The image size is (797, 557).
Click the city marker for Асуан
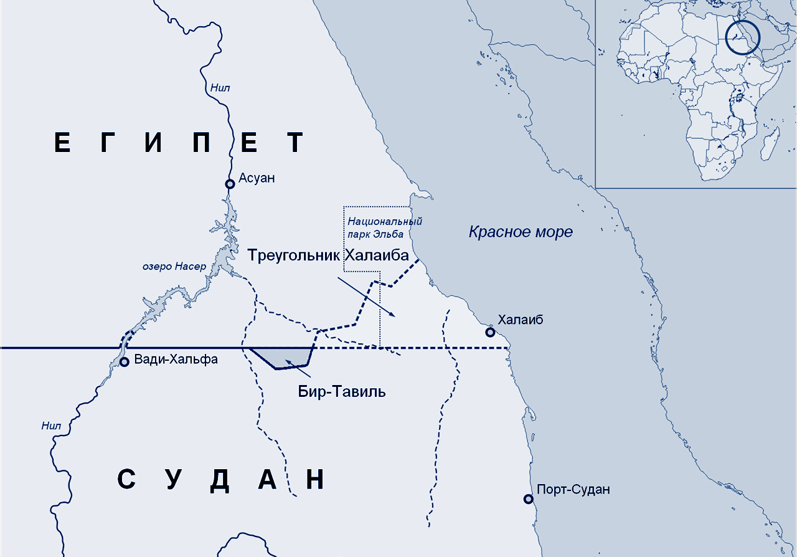coord(230,184)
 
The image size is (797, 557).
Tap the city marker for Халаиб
coord(491,332)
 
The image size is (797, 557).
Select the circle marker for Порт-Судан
coord(528,498)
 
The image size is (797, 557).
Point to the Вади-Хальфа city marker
coord(124,361)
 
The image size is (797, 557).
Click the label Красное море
coord(521,232)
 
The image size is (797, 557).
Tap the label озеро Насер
coord(174,267)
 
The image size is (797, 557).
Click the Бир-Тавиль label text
coord(341,391)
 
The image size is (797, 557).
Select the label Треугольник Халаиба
coord(328,255)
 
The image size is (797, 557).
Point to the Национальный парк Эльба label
coord(385,227)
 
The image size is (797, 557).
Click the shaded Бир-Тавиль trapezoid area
coord(283,357)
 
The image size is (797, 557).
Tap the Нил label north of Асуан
coord(220,88)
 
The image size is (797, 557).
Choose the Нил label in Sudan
coord(51,426)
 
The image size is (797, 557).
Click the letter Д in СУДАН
coord(220,480)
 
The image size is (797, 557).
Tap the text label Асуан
coord(257,178)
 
